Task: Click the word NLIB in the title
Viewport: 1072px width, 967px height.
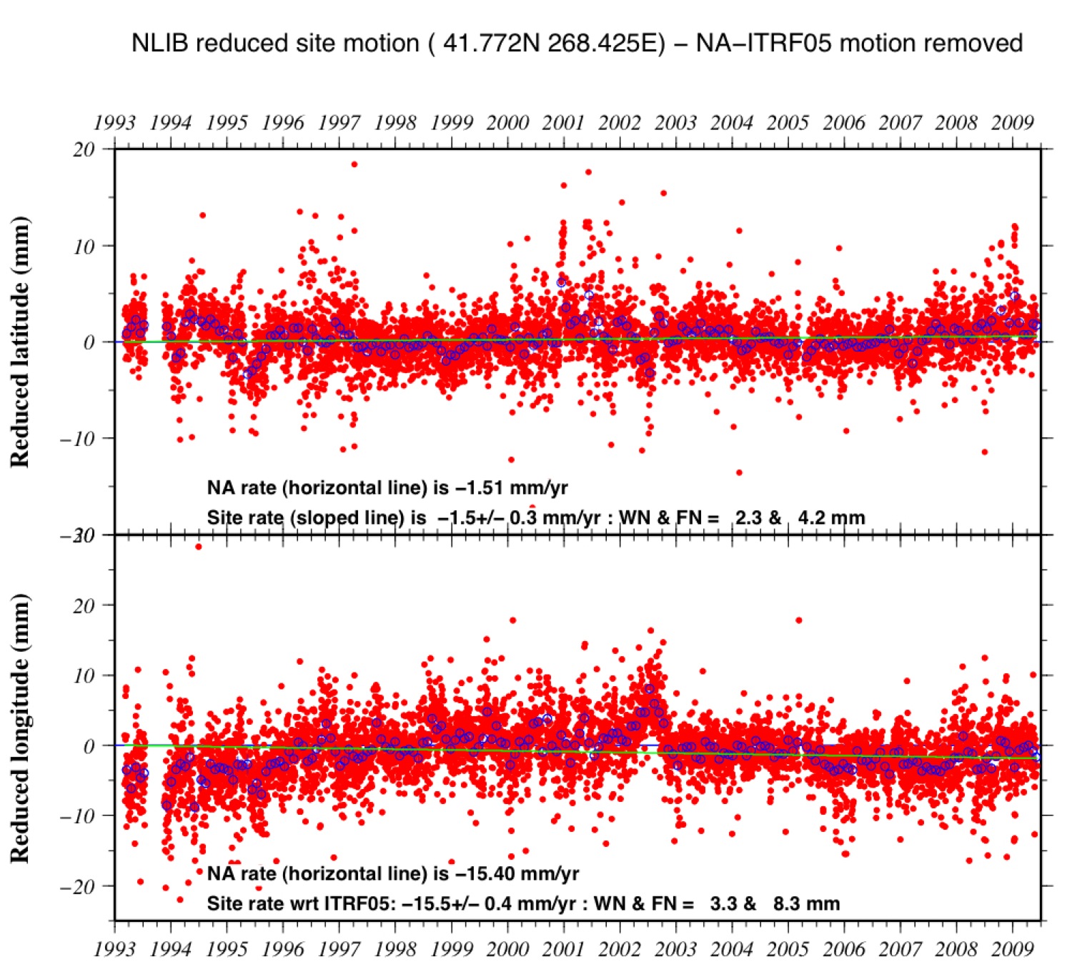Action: (160, 44)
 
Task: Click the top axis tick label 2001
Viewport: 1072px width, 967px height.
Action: (563, 123)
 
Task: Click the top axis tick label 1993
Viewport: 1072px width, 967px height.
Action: (114, 123)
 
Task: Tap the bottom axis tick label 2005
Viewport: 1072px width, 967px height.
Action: (788, 949)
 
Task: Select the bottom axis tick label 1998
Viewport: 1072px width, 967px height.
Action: (395, 949)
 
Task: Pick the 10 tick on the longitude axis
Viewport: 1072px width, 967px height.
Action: (84, 675)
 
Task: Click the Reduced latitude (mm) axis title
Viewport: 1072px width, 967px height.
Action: (20, 342)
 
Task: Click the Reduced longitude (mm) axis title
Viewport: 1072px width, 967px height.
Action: (20, 728)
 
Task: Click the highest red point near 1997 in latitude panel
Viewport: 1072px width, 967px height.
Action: (354, 164)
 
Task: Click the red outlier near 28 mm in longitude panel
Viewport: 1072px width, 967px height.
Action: (198, 547)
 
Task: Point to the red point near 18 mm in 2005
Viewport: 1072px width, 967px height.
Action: (799, 620)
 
